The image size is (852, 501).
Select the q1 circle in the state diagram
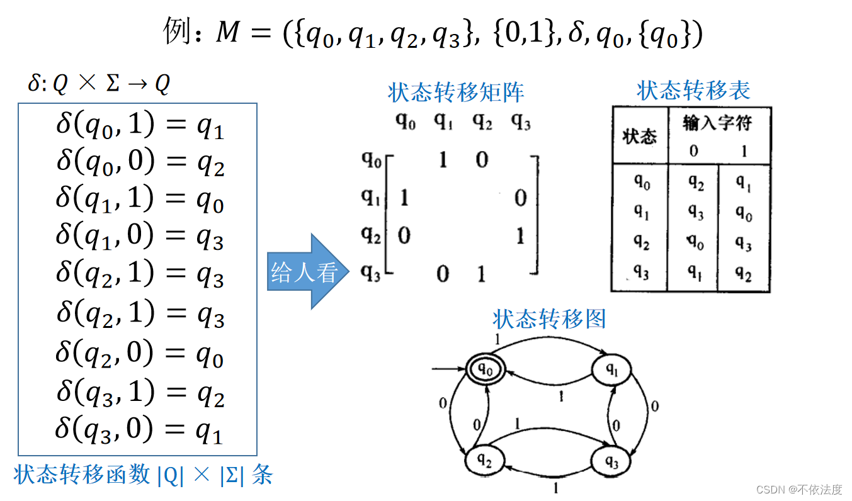coord(611,371)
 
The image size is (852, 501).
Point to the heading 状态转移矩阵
coord(456,93)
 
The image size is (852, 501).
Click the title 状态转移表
coord(693,91)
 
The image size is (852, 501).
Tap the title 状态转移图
coord(549,319)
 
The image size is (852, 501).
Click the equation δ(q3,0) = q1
coord(139,431)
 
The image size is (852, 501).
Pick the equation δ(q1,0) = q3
coord(139,237)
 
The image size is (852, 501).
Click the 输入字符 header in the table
coord(717,123)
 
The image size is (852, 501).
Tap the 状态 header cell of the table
coord(639,136)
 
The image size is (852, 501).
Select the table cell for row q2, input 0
coord(695,243)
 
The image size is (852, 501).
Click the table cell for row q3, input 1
coord(743,273)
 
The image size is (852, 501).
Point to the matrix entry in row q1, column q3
coord(520,199)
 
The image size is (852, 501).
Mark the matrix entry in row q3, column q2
coord(482,274)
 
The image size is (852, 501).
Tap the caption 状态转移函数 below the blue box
coord(82,475)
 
